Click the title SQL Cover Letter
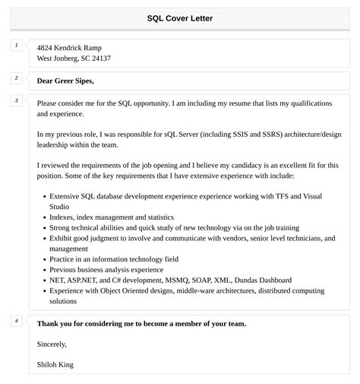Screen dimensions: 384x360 [180, 18]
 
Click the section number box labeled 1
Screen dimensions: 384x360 [16, 46]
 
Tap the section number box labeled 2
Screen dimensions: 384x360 [16, 78]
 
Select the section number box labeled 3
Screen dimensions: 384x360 [16, 100]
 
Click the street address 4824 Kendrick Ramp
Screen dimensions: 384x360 [69, 47]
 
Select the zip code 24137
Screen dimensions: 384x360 [100, 59]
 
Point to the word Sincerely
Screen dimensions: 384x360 [52, 344]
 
